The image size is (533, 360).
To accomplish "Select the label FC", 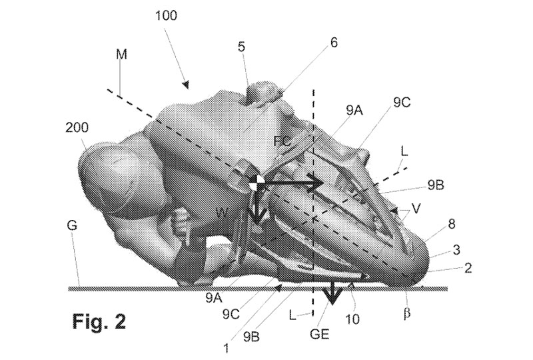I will click(x=282, y=141).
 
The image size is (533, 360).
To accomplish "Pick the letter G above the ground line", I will click(x=73, y=226).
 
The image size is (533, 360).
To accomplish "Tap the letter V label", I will click(x=416, y=209).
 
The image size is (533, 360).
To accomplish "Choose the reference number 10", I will click(x=352, y=319).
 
